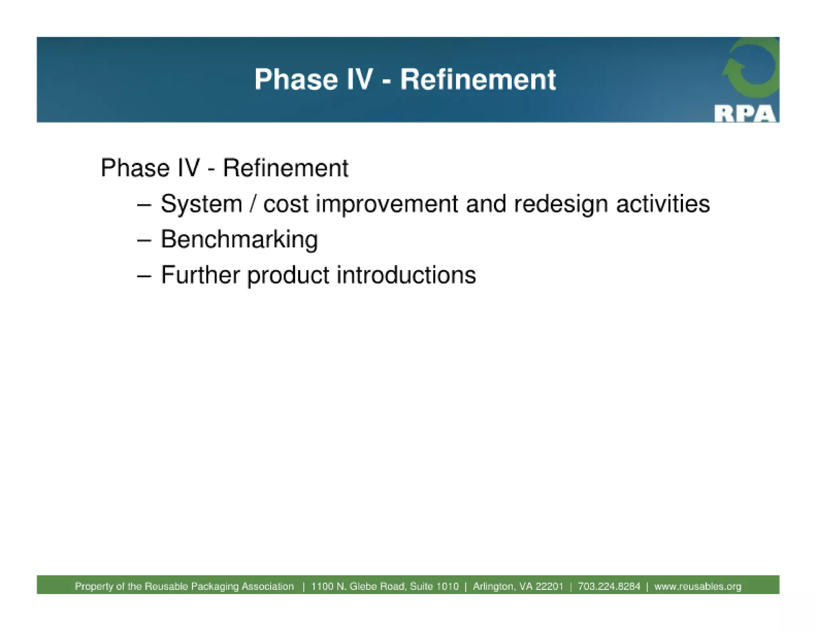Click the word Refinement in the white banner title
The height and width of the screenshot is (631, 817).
(478, 79)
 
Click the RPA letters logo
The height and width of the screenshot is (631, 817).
(744, 114)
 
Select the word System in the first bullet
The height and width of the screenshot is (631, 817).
(201, 204)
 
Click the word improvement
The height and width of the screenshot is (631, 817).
(387, 204)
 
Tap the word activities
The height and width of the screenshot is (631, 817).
(663, 204)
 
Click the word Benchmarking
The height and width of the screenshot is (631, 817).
(239, 240)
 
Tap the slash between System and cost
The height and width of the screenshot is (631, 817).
(252, 204)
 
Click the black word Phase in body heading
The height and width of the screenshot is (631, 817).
(135, 168)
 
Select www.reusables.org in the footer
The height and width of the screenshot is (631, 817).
(697, 586)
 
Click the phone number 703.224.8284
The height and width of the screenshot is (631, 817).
(609, 586)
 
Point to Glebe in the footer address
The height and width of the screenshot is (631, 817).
(363, 586)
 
